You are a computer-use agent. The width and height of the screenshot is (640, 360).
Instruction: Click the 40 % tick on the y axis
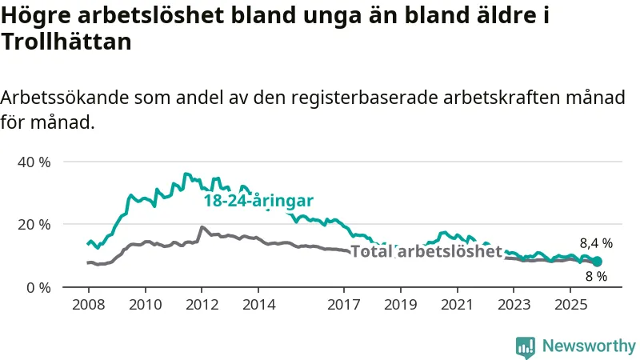(34, 162)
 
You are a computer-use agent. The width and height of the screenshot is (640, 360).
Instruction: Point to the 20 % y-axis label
(34, 224)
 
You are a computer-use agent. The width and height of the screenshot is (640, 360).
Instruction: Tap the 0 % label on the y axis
(38, 287)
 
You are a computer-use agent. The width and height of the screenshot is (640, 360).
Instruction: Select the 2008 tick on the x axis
(87, 305)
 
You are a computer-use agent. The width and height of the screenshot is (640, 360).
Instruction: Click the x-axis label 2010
(145, 305)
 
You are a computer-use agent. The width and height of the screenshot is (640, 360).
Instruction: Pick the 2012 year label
(202, 305)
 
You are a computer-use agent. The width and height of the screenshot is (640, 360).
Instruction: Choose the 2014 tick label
(258, 305)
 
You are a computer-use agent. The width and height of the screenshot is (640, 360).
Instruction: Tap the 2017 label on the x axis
(344, 305)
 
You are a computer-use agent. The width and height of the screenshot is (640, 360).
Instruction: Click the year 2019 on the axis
(401, 305)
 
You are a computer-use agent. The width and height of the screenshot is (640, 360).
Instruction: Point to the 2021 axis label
(458, 305)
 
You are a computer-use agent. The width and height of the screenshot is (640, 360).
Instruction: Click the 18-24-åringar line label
(258, 201)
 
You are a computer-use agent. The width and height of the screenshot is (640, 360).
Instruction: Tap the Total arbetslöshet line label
(426, 252)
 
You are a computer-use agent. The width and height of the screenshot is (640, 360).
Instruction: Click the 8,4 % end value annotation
(596, 243)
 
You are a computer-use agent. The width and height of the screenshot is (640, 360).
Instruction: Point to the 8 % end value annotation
(596, 277)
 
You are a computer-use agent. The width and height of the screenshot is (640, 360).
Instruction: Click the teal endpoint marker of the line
(597, 262)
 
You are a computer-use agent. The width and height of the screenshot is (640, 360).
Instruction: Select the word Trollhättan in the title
(66, 42)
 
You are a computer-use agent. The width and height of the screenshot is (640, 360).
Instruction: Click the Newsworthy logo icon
(526, 346)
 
